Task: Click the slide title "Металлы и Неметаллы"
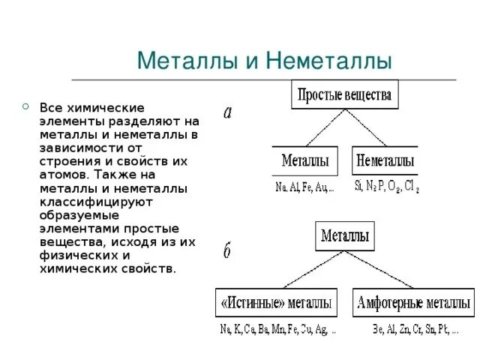pos(265,59)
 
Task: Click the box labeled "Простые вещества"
pos(345,94)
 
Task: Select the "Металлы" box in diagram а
pos(305,160)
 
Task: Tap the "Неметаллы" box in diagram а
pos(385,160)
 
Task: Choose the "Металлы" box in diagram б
pos(345,236)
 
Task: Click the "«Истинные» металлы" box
pos(276,302)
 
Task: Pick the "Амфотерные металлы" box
pos(414,302)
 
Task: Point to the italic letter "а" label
pos(228,112)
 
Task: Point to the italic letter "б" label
pos(226,251)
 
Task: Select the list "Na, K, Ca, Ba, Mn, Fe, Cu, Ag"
pos(278,328)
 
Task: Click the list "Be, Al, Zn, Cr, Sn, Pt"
pos(415,328)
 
